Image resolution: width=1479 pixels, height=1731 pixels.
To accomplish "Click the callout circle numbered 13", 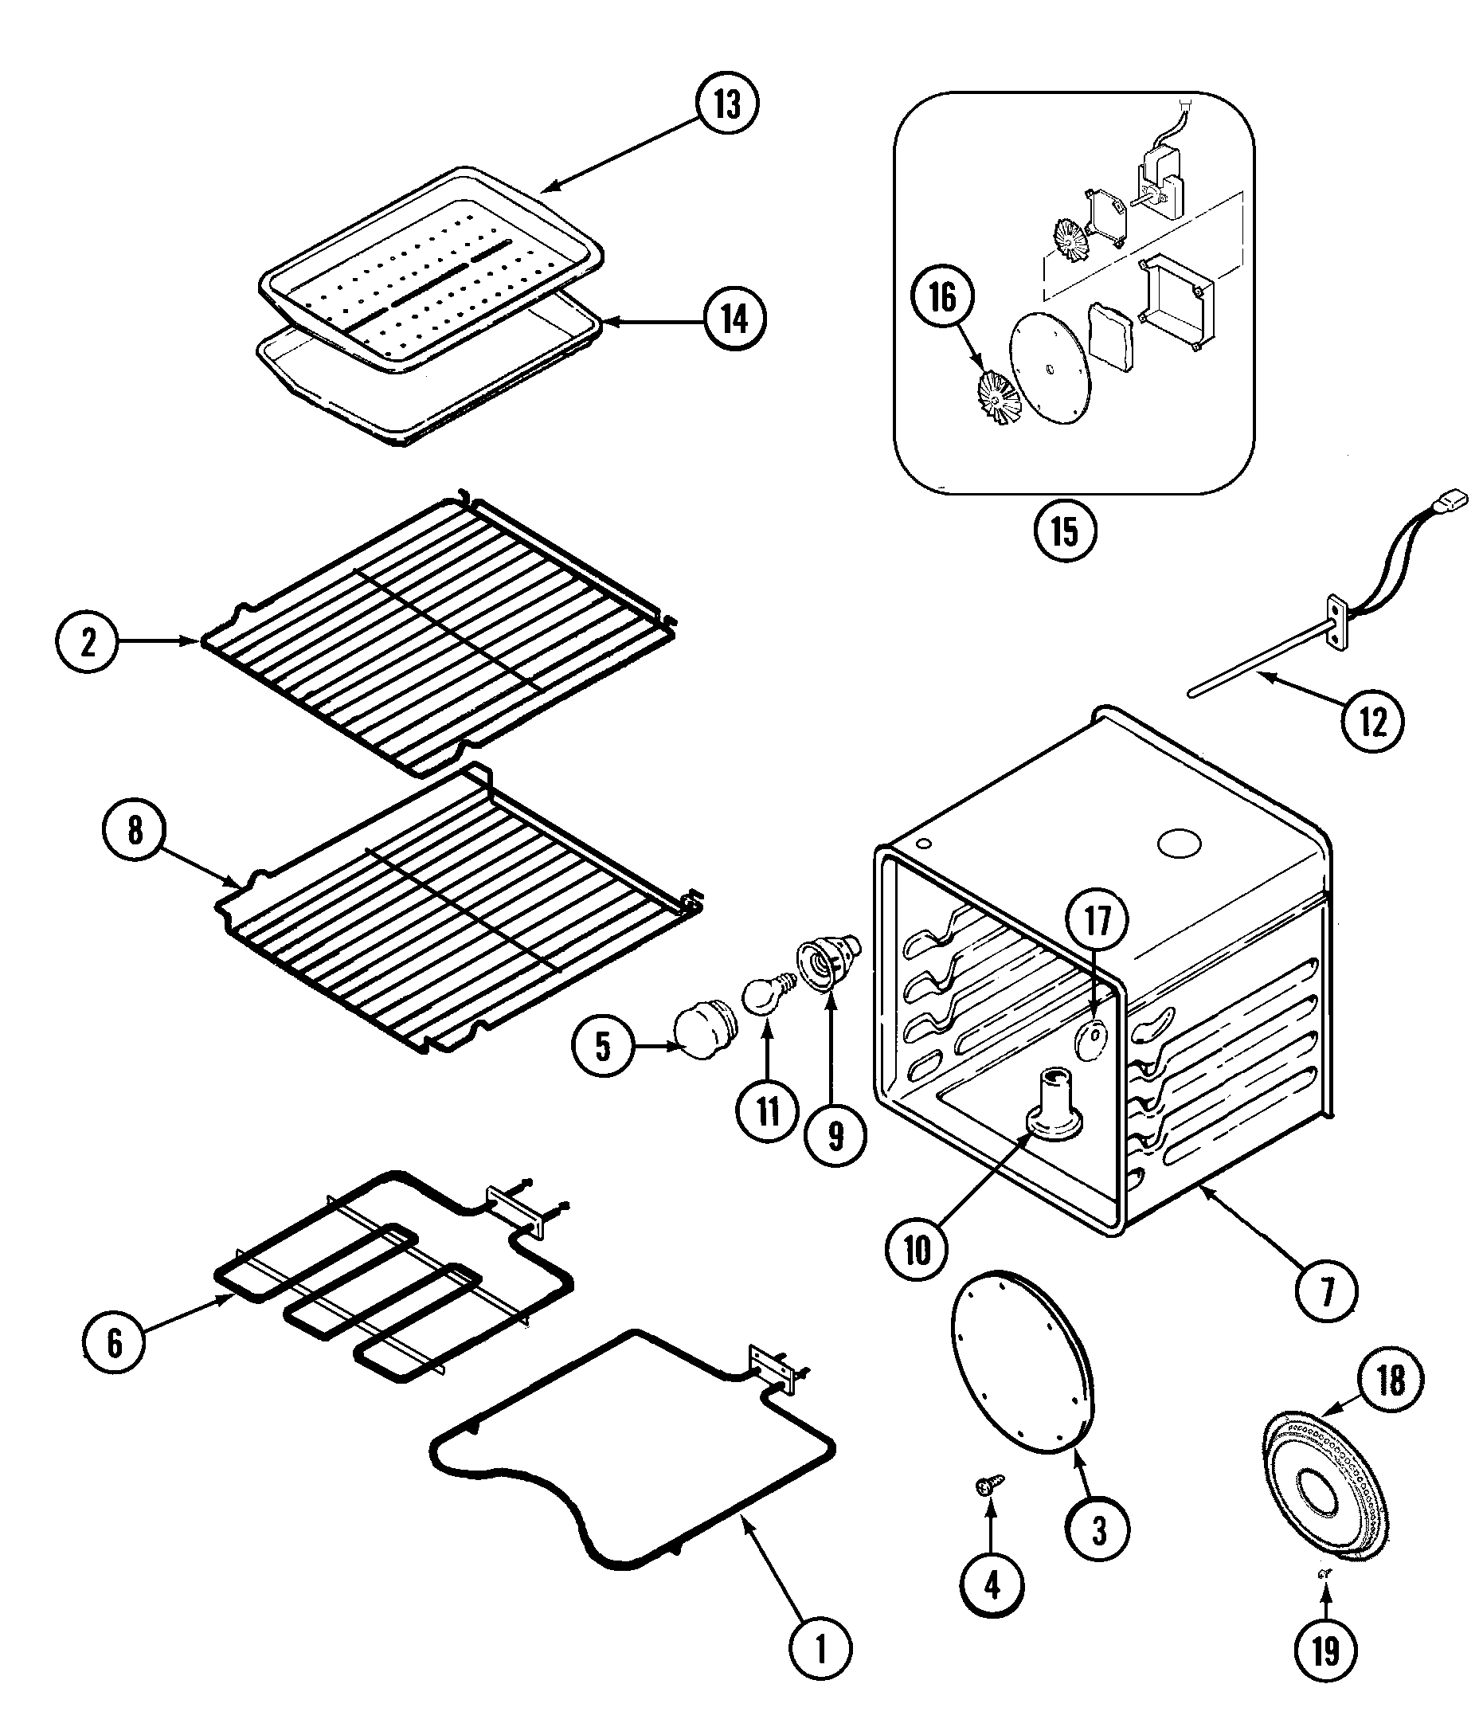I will pos(726,104).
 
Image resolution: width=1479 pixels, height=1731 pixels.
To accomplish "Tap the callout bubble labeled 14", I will pos(734,319).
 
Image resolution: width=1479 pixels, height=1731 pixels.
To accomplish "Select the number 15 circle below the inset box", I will pos(1065,531).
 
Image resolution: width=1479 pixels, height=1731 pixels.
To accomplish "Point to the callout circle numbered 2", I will pos(88,641).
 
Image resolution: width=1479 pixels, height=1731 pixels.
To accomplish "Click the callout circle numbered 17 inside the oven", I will pos(1098,921).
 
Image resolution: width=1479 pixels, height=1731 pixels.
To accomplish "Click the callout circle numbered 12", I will pos(1373,721).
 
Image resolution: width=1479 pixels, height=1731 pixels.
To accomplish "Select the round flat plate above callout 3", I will pos(1020,1365).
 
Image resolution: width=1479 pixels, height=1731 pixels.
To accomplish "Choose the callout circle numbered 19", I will pos(1326,1651).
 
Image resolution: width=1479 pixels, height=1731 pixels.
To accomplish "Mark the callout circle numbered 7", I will pos(1326,1290).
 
